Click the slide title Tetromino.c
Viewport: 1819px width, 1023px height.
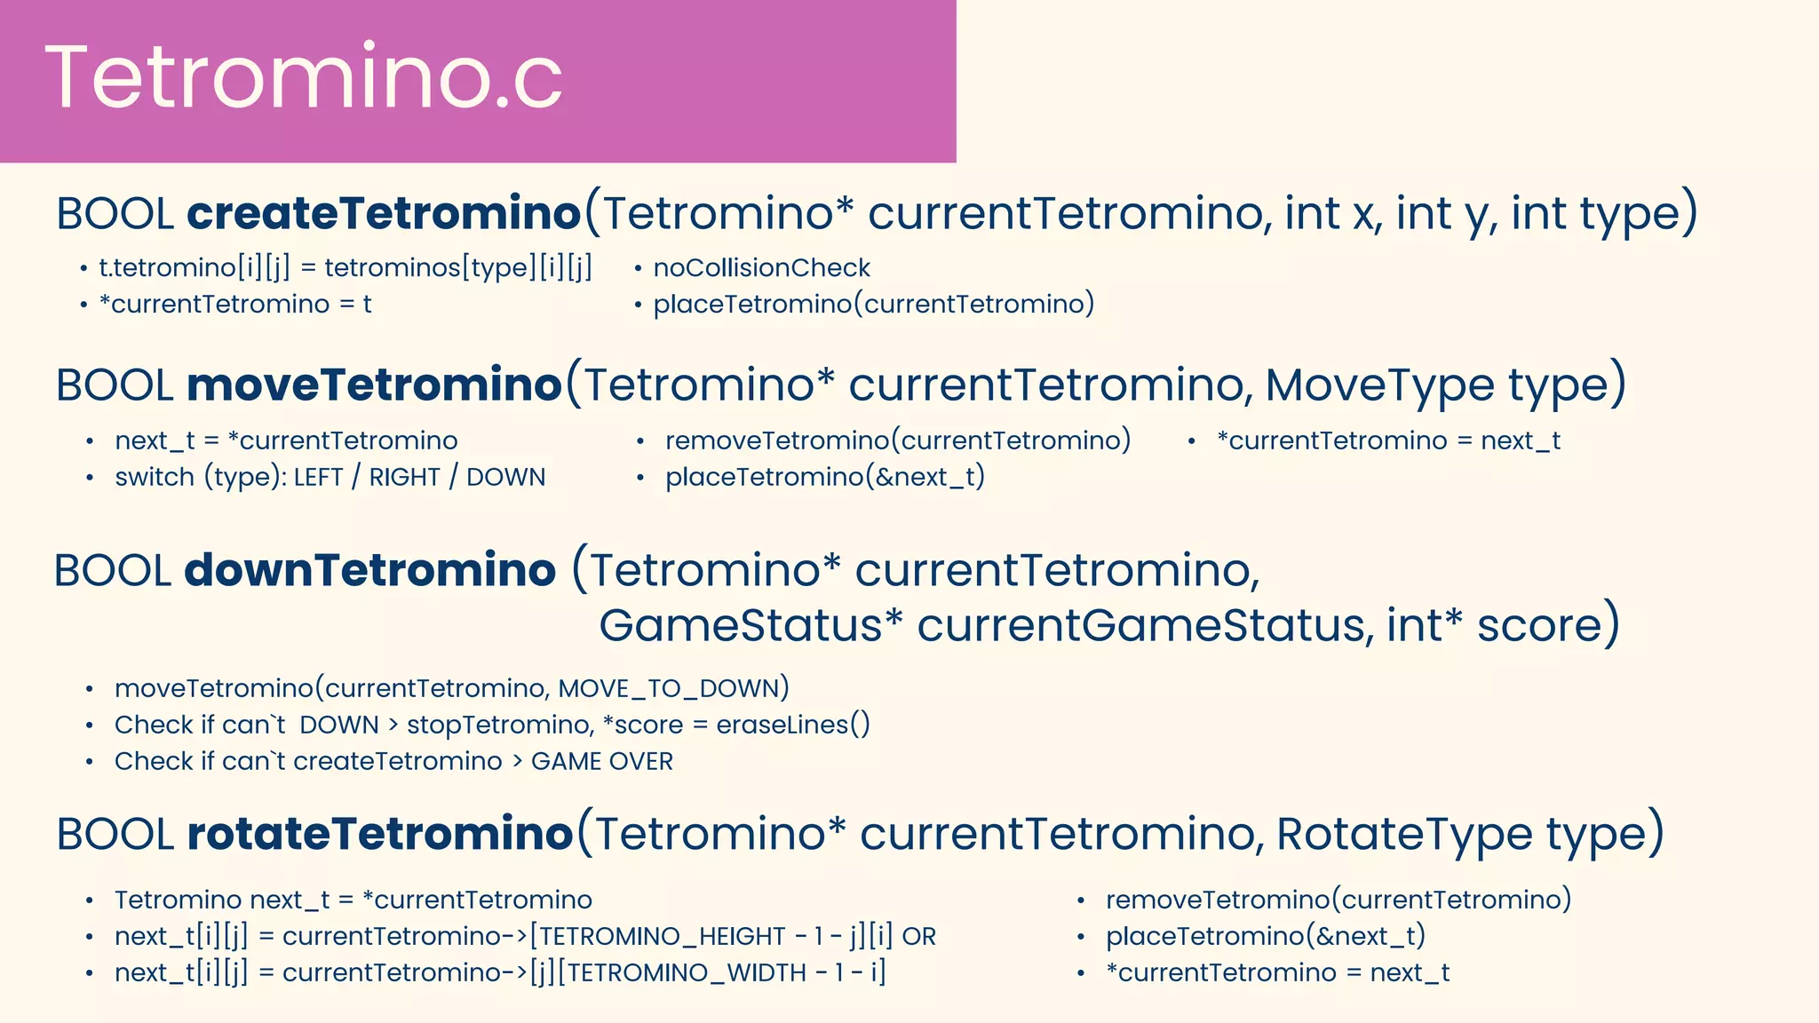coord(304,78)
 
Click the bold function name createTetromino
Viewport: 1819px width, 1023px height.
coord(384,213)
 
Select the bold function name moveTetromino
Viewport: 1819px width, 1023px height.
coord(374,385)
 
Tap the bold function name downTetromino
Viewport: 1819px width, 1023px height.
coord(369,570)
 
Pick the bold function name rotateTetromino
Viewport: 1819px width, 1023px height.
coord(380,834)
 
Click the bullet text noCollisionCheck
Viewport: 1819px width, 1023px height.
coord(761,267)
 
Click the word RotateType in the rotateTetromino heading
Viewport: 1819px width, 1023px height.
coord(1404,834)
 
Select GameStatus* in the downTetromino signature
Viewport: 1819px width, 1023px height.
coord(751,625)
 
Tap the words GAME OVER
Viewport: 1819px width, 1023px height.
coord(602,761)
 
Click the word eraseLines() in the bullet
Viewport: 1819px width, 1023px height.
coord(793,725)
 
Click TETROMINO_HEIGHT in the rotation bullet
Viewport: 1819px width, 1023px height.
coord(663,936)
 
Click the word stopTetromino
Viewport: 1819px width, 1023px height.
coord(498,725)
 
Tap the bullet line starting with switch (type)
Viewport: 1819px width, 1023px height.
coord(330,477)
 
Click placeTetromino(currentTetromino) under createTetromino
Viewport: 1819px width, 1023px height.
coord(874,304)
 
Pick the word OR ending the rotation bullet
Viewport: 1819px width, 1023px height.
coord(919,936)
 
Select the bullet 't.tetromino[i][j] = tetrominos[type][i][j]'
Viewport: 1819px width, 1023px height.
coord(345,267)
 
